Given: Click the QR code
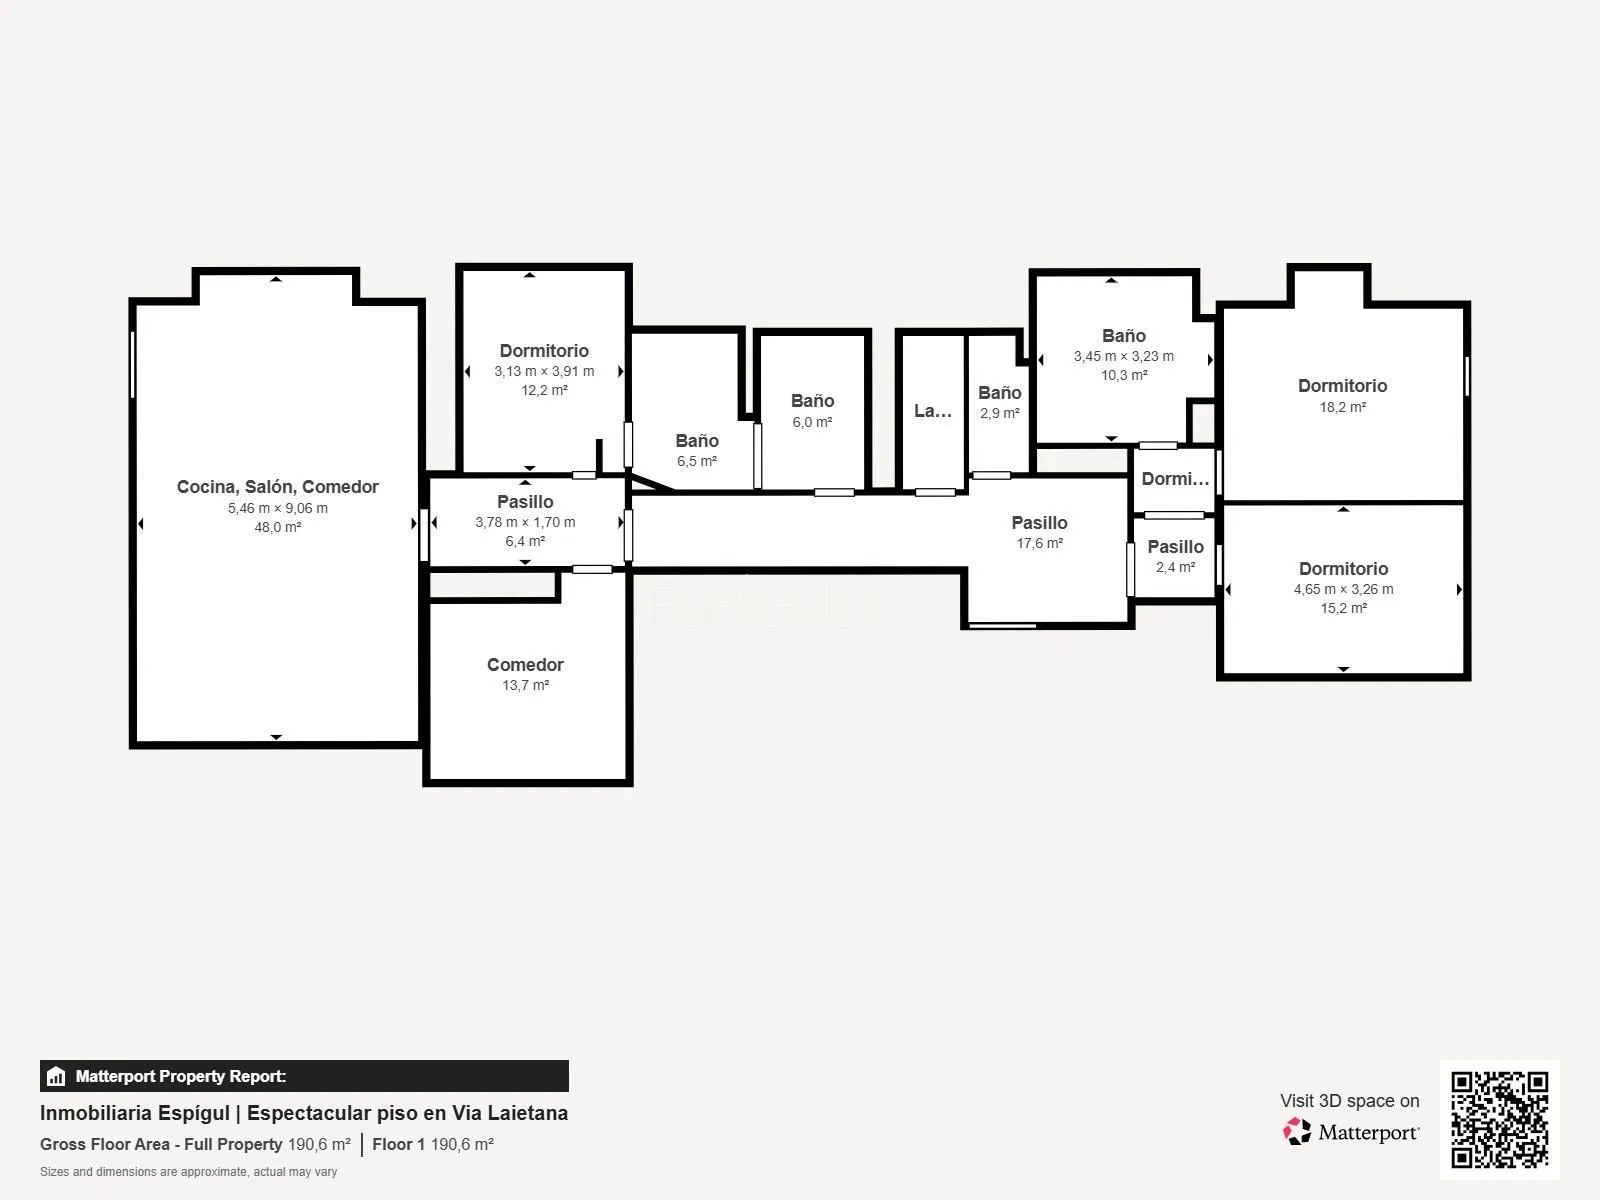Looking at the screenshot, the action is pyautogui.click(x=1499, y=1119).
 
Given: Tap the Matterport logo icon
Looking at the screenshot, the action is pyautogui.click(x=1297, y=1132).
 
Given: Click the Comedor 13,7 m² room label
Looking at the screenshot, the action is pyautogui.click(x=525, y=674).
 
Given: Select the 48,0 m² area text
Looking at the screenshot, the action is pyautogui.click(x=278, y=527).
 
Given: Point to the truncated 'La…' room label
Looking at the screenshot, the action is pyautogui.click(x=933, y=411).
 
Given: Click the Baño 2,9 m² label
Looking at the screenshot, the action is pyautogui.click(x=999, y=402).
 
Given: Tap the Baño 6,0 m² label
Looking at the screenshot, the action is pyautogui.click(x=812, y=411).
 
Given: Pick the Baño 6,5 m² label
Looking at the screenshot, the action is pyautogui.click(x=697, y=450).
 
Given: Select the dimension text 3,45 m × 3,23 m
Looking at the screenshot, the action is pyautogui.click(x=1123, y=356).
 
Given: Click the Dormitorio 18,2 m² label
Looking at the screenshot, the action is pyautogui.click(x=1342, y=396).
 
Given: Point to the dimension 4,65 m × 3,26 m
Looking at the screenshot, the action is pyautogui.click(x=1343, y=589).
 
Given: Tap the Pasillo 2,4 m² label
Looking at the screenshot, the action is pyautogui.click(x=1175, y=556).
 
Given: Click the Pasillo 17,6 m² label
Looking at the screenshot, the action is pyautogui.click(x=1039, y=532).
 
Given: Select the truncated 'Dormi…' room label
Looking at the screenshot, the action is pyautogui.click(x=1175, y=479).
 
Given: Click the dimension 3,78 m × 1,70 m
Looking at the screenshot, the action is pyautogui.click(x=525, y=522).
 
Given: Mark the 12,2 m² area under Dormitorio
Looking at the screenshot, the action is pyautogui.click(x=544, y=390).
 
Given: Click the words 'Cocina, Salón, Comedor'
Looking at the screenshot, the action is pyautogui.click(x=278, y=487).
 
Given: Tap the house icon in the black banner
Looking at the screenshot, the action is pyautogui.click(x=56, y=1075).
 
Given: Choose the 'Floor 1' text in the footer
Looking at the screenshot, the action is pyautogui.click(x=398, y=1144).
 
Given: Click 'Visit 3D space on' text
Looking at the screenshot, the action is pyautogui.click(x=1349, y=1101).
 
